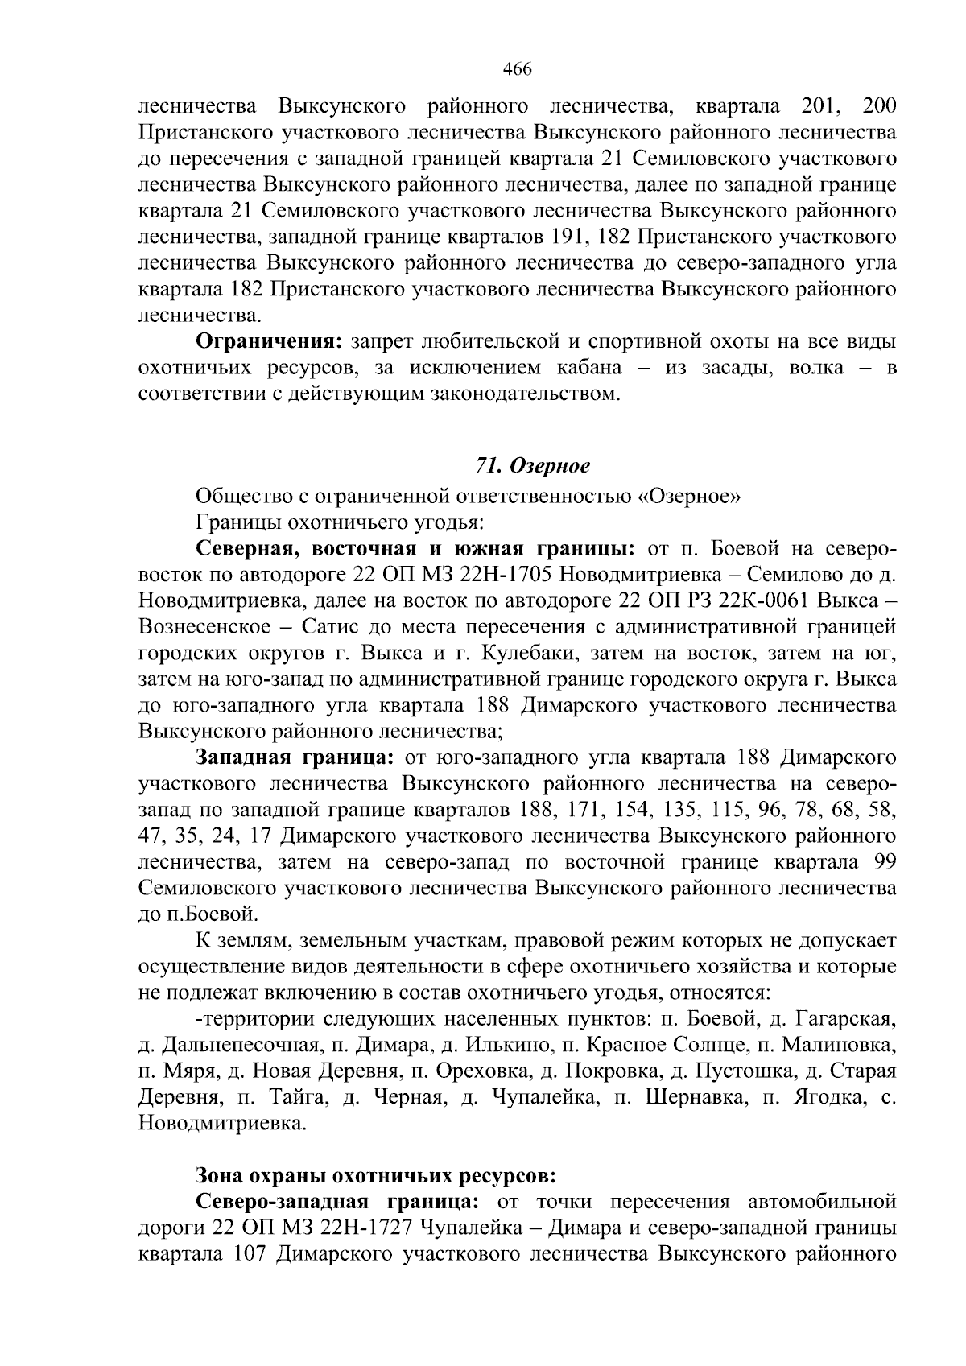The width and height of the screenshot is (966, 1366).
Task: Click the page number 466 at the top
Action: point(517,69)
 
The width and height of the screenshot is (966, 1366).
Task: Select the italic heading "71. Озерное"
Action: point(533,466)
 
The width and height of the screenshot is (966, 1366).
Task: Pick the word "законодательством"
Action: point(524,394)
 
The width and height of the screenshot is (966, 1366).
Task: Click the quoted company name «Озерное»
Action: point(689,497)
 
